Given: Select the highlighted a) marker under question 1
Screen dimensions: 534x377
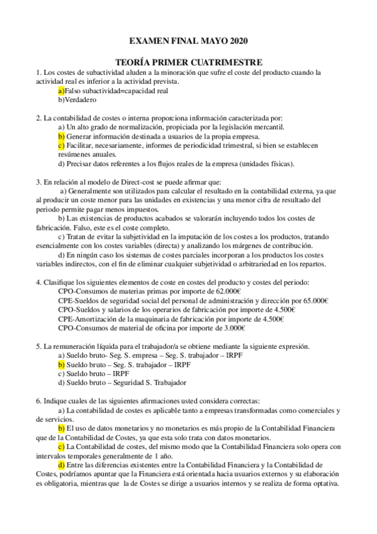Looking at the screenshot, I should click(x=61, y=91).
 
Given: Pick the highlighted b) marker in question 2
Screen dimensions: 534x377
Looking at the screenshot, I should click(x=61, y=136).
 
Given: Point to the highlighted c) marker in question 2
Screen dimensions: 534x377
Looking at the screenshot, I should click(x=61, y=145).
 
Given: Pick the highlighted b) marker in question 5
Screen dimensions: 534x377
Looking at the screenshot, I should click(x=61, y=364).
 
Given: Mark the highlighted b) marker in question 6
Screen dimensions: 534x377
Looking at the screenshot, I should click(x=61, y=428).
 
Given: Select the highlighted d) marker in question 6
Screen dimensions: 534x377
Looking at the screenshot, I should click(x=61, y=465).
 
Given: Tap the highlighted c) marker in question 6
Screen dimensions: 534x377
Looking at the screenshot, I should click(x=61, y=446).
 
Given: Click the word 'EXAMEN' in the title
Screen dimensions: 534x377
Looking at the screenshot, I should click(x=149, y=42).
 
